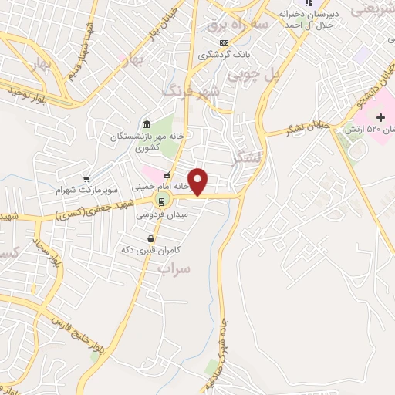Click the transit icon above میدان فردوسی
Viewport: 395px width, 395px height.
tap(160, 202)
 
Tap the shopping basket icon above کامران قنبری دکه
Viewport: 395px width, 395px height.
tap(148, 239)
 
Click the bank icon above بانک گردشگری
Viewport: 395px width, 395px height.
tap(225, 42)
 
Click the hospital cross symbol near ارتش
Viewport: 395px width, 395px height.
tap(380, 115)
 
